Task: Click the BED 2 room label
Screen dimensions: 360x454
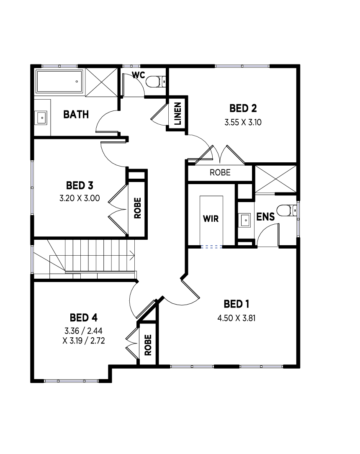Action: pyautogui.click(x=243, y=108)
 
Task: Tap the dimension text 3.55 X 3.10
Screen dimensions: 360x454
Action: pyautogui.click(x=243, y=122)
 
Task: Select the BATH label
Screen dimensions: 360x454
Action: pyautogui.click(x=76, y=114)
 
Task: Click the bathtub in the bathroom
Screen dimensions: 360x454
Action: pyautogui.click(x=60, y=81)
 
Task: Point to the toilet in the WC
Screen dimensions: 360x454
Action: pyautogui.click(x=156, y=81)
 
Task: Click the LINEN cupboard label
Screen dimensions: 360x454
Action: pyautogui.click(x=177, y=113)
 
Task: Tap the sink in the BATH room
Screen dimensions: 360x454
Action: pyautogui.click(x=41, y=118)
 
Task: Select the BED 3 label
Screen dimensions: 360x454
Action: pyautogui.click(x=80, y=185)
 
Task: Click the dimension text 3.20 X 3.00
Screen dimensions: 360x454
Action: pyautogui.click(x=80, y=198)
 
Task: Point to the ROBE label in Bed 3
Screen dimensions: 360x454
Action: pyautogui.click(x=138, y=208)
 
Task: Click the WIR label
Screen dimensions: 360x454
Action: pyautogui.click(x=211, y=218)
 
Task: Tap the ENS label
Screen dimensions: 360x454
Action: pyautogui.click(x=265, y=217)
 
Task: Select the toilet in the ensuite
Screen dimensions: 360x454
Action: pyautogui.click(x=287, y=210)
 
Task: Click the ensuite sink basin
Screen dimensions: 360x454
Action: pyautogui.click(x=245, y=221)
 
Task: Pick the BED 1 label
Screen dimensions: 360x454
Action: pyautogui.click(x=237, y=304)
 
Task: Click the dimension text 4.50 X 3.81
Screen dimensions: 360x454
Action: pyautogui.click(x=237, y=318)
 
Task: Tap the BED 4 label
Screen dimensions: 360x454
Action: pyautogui.click(x=84, y=318)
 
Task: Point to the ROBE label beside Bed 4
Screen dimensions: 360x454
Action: pyautogui.click(x=148, y=345)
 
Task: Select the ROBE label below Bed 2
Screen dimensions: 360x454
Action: pyautogui.click(x=220, y=172)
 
